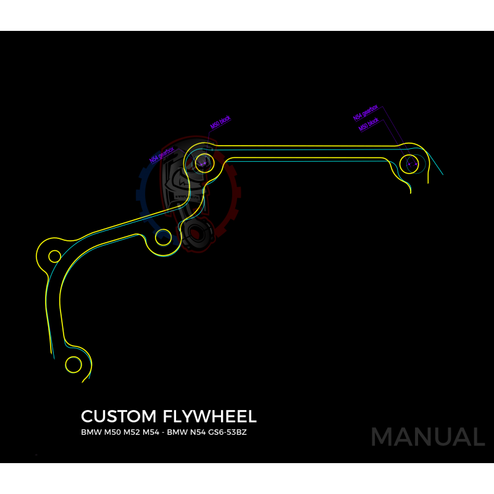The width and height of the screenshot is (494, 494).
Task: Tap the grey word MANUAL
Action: coord(427,437)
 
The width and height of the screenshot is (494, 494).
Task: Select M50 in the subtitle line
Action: coord(110,432)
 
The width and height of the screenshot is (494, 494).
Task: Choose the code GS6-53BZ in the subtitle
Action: coord(229,432)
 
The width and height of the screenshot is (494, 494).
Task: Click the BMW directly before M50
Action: coord(90,432)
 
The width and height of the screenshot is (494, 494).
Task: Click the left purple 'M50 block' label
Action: coord(220,122)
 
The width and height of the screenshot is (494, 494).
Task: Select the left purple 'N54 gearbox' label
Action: coord(162,154)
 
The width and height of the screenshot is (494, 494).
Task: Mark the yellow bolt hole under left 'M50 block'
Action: coord(204,163)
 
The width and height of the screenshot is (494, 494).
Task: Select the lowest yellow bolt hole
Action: coord(73,364)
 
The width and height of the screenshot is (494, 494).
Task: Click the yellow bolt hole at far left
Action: coord(54,256)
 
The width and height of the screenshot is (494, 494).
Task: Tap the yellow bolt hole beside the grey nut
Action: coord(163,235)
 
